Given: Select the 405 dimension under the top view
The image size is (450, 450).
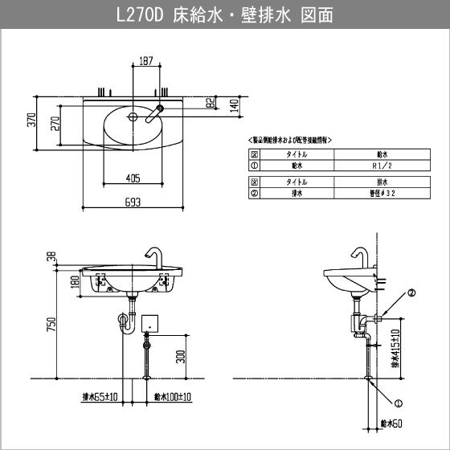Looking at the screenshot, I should click(133, 178).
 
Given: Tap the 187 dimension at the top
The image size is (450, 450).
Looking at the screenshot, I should click(146, 61).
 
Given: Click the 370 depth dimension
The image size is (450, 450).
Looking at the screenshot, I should click(32, 120).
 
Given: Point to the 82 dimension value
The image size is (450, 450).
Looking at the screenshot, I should click(210, 102).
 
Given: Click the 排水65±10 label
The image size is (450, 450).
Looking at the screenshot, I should click(101, 396).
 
